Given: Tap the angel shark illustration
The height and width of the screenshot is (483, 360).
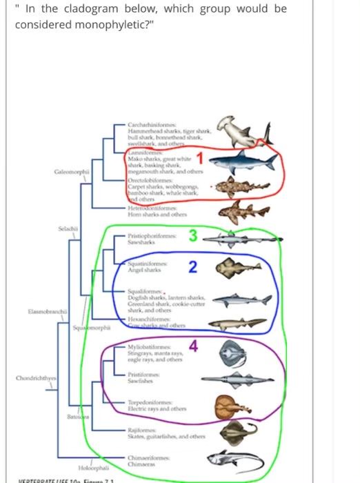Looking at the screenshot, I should [x=239, y=268].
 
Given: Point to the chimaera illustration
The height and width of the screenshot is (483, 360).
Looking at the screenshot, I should [x=238, y=458].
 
